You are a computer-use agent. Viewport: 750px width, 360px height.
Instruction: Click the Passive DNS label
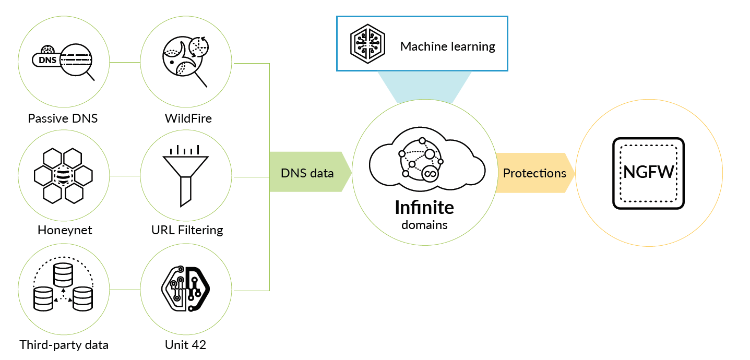coord(63,118)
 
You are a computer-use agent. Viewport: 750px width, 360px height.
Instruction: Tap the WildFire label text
coord(188,118)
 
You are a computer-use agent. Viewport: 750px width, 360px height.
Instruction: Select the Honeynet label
coord(65,230)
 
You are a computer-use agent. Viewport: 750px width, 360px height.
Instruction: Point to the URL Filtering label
coord(187,230)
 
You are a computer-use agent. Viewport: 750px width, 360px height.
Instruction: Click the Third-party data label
coord(64,345)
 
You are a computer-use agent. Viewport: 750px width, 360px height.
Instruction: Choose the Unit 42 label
coord(185,345)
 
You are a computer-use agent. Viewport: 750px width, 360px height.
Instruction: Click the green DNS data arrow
coord(308,173)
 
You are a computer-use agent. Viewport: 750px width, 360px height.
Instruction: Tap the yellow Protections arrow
coord(534,173)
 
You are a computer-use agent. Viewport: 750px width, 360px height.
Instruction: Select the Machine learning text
coord(447,46)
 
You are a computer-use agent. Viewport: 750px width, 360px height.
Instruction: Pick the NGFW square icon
coord(648,173)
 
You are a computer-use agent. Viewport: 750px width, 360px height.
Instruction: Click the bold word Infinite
coord(424,208)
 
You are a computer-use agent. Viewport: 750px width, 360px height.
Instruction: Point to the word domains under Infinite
coord(424,225)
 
